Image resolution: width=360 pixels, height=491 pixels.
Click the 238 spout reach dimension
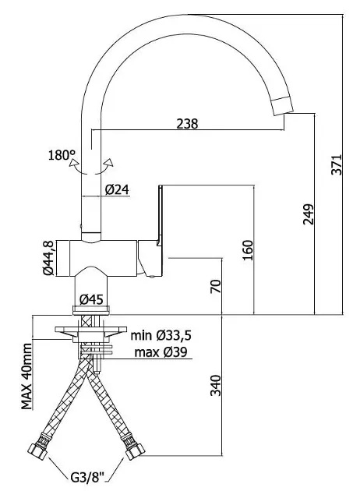point(187,124)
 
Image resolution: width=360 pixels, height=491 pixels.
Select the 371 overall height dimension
point(337,164)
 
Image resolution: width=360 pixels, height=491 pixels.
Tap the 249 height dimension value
point(308,214)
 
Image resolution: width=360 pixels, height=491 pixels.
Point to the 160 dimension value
point(248,250)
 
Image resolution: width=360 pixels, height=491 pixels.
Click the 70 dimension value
point(216,287)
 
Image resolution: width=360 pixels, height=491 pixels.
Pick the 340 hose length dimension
point(216,385)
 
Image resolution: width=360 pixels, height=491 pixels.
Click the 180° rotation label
point(62,155)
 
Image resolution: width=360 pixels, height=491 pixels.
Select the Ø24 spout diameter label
point(117,189)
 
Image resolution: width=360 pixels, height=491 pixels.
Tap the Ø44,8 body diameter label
point(48,258)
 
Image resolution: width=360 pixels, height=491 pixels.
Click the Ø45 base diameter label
point(91,300)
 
